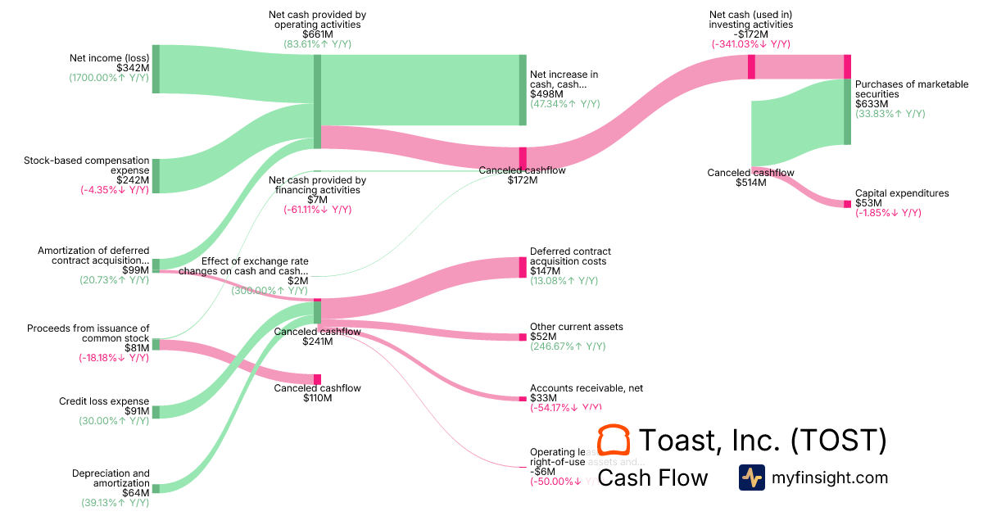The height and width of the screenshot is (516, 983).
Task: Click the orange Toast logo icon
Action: tap(614, 441)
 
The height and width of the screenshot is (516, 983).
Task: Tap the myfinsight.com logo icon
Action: tap(751, 478)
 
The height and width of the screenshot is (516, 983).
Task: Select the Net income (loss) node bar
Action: tap(156, 69)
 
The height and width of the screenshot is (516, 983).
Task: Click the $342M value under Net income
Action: tap(134, 68)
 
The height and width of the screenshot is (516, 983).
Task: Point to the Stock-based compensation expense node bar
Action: tap(156, 176)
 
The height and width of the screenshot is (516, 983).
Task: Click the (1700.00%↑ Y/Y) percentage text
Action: tap(109, 79)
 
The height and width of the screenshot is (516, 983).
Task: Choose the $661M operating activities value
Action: tap(317, 34)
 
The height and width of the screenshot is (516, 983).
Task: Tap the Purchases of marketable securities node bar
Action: tap(848, 111)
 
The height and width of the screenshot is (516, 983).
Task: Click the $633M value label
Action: tap(872, 104)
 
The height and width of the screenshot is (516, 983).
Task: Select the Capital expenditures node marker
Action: tap(848, 203)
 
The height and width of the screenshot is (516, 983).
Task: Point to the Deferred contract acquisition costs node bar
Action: tap(523, 267)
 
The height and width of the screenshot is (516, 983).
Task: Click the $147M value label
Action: tap(545, 271)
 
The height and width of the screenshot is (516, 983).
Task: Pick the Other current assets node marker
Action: tap(523, 337)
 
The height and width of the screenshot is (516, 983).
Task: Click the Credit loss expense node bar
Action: tap(156, 411)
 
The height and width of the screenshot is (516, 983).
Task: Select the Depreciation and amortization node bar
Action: tap(156, 488)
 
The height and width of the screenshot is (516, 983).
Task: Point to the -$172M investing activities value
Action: tap(750, 34)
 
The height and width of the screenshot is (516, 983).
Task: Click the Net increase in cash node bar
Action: tap(523, 90)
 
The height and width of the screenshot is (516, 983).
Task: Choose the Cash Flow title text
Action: tap(653, 478)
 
